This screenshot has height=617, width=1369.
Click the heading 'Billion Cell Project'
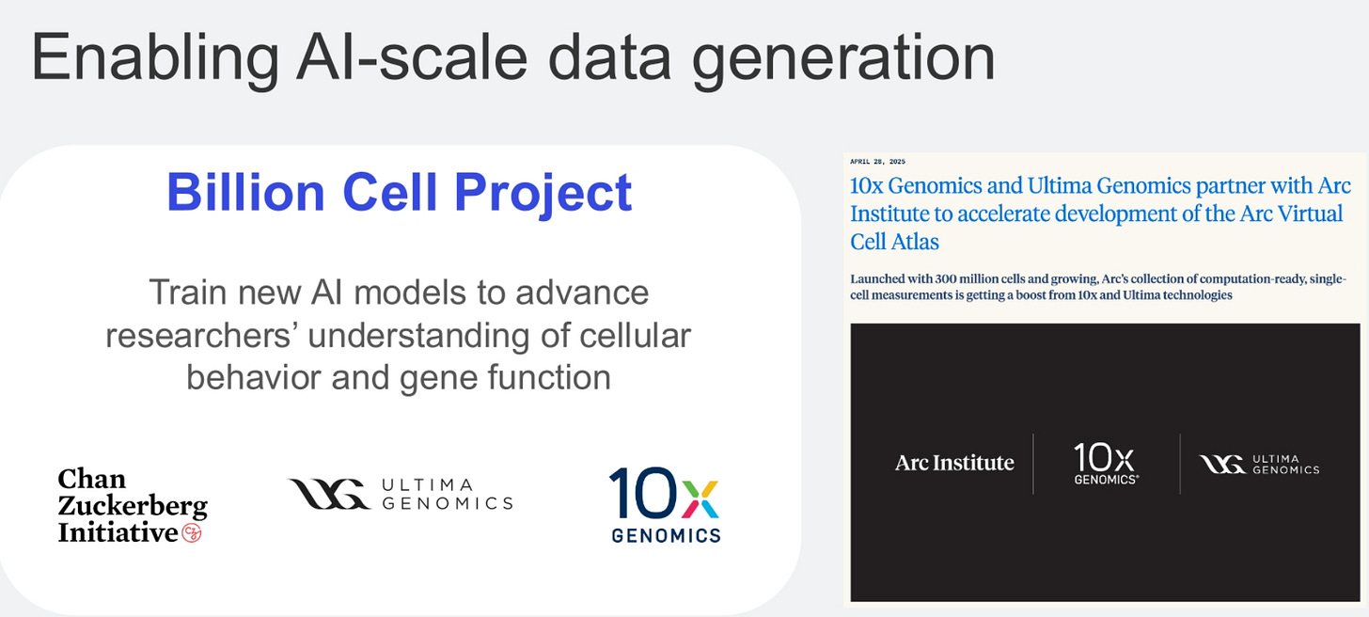click(399, 193)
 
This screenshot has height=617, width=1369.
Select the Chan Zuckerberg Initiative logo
click(133, 506)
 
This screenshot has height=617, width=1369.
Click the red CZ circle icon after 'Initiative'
click(192, 532)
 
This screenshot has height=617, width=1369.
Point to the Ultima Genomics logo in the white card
click(400, 494)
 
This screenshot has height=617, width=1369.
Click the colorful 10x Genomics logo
click(666, 505)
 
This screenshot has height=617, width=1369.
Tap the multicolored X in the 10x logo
click(700, 499)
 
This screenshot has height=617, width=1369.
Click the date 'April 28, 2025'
click(877, 162)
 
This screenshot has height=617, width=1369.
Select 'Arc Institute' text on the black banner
click(954, 463)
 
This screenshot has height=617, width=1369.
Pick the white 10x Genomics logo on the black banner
click(1105, 464)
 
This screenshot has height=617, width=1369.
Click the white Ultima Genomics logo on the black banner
click(1259, 465)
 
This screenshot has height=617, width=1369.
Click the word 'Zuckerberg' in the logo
click(133, 506)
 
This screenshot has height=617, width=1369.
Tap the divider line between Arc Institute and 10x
click(1033, 464)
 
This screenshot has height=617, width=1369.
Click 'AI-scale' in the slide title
click(412, 56)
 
